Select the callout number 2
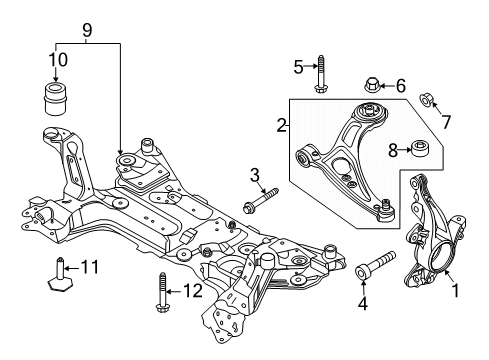click(282, 125)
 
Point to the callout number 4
click(362, 302)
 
